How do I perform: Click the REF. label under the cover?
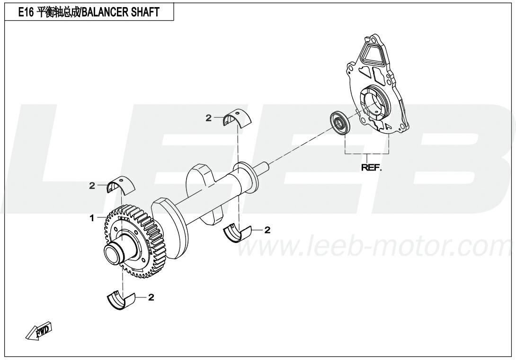coord(371,168)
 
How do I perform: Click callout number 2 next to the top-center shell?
coord(208,118)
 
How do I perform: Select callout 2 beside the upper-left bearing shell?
coord(92,186)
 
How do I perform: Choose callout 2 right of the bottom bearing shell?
coord(151,297)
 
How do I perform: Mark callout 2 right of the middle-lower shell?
coord(267,230)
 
